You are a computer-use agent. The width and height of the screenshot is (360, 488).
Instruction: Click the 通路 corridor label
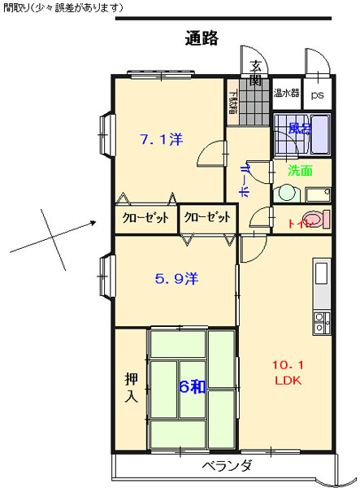201,38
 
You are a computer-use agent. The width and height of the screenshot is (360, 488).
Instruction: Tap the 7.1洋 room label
160,139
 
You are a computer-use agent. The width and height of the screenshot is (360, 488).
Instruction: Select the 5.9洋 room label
176,278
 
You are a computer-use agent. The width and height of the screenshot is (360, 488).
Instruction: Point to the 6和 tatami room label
191,386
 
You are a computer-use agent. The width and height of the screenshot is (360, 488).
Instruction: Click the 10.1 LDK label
288,372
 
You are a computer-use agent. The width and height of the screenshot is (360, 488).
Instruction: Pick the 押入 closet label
131,387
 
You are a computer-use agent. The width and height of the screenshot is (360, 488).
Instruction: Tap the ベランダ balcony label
227,466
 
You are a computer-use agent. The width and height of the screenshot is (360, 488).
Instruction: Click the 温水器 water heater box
286,93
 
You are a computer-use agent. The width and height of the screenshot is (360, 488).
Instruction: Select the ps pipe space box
317,94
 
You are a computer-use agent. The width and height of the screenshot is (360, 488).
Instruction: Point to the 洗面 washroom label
300,171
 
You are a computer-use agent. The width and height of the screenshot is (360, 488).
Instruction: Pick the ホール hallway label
245,177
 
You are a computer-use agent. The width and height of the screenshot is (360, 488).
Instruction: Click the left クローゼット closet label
145,218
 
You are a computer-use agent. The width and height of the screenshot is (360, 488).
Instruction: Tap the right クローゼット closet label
206,218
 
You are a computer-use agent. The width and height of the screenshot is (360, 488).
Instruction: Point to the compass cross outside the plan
52,237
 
